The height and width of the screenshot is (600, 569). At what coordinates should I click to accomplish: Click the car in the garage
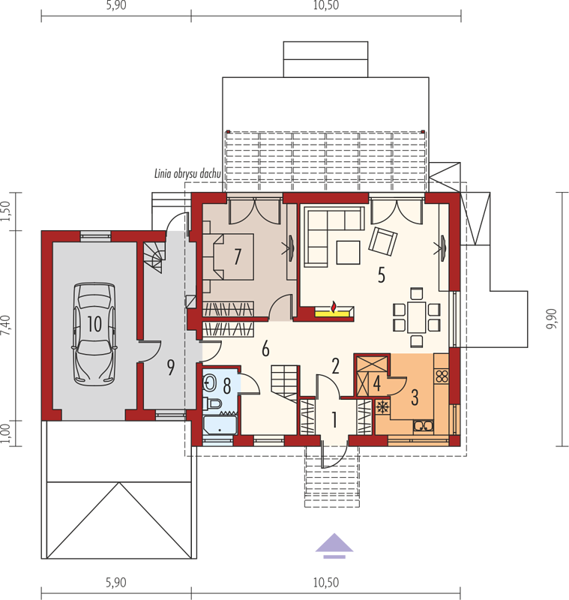point(94,334)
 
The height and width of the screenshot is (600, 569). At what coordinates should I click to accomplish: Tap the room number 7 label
point(238,256)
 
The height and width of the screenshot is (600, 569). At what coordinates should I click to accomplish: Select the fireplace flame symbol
point(334,307)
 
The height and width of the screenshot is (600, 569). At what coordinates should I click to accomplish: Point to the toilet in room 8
point(213,403)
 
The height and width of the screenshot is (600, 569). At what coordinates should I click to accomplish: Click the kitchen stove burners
point(442,376)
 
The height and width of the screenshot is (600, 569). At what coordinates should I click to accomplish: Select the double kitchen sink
point(424,426)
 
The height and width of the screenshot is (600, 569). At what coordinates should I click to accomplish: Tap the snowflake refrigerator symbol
point(382,406)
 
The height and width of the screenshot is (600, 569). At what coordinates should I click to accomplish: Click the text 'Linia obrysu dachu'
point(187,174)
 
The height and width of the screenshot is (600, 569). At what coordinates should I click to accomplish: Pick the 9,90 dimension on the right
point(553,319)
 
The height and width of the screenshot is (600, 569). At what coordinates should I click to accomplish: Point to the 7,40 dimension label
point(6,325)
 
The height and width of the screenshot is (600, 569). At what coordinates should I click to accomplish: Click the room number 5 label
point(382,275)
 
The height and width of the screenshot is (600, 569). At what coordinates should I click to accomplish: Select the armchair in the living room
point(383,241)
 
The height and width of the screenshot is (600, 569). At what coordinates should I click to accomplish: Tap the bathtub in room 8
point(219,424)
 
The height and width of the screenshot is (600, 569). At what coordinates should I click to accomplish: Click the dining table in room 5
point(416,316)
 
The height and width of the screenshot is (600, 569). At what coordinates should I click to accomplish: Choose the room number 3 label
point(415,397)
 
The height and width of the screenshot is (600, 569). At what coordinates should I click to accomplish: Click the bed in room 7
point(229,256)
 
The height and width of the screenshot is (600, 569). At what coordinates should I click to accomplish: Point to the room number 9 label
point(171,367)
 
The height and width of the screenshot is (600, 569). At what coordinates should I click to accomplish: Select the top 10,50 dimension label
point(326,5)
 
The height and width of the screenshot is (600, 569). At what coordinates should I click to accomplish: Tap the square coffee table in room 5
point(348,253)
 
